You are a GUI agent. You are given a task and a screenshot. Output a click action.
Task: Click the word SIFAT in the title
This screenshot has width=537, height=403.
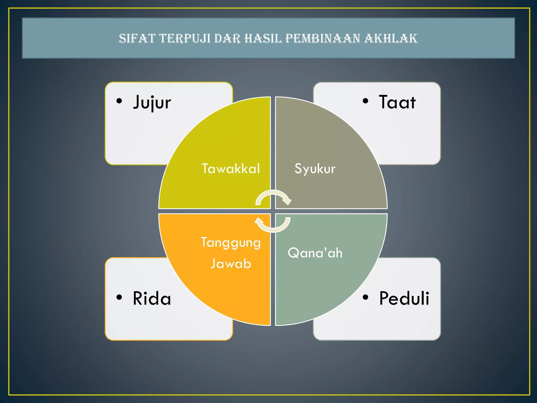[x=137, y=38]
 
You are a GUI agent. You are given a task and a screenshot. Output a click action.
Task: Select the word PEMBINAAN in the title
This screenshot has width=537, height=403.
[x=323, y=38]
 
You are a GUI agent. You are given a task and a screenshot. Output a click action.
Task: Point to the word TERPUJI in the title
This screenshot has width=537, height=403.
[x=185, y=38]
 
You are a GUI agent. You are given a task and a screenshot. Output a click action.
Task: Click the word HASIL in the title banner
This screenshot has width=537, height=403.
[x=263, y=38]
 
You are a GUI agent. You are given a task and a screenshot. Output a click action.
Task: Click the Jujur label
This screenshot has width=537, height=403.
[x=152, y=102]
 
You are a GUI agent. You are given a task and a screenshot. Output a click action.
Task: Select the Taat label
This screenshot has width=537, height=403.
[x=397, y=102]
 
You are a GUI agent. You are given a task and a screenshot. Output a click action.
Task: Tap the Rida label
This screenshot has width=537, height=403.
[x=152, y=299]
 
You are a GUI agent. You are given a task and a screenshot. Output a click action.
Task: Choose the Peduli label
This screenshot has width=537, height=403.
[x=404, y=299]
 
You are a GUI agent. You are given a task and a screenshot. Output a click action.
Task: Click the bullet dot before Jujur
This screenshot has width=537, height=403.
[x=119, y=101]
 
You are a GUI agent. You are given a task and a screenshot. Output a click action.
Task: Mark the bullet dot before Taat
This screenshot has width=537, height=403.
[x=366, y=101]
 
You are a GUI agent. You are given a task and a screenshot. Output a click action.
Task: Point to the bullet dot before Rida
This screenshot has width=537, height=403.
[x=119, y=297]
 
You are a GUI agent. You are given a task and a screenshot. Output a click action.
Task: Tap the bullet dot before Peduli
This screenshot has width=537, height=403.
[x=366, y=297]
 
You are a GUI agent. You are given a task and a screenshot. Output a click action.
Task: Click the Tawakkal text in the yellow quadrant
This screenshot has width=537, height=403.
[x=231, y=168]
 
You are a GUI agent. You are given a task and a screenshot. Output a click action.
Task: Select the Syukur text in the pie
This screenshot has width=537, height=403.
[x=315, y=169]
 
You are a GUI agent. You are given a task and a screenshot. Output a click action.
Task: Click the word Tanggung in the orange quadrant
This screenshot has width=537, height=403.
[x=231, y=242]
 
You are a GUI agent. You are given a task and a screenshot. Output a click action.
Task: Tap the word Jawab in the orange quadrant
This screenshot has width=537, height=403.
[x=231, y=264]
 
